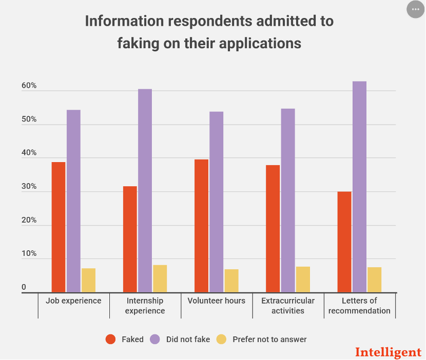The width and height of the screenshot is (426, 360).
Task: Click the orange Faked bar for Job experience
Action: click(59, 227)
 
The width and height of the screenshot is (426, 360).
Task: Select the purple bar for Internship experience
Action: click(145, 191)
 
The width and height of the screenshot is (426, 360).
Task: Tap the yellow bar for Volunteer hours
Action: click(231, 281)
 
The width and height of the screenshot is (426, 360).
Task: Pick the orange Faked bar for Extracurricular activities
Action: click(273, 229)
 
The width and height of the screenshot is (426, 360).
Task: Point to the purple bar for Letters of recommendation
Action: click(359, 187)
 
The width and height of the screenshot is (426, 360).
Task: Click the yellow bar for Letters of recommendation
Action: click(374, 280)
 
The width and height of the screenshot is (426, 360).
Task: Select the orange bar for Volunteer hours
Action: click(201, 226)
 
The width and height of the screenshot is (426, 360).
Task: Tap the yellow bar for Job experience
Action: click(89, 281)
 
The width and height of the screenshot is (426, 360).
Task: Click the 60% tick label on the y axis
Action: click(29, 86)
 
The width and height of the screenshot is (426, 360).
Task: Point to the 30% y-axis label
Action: click(29, 186)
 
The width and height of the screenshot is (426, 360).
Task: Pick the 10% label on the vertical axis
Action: click(29, 253)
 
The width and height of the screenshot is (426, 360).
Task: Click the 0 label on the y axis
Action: click(24, 287)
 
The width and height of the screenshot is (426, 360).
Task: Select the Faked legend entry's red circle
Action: click(110, 339)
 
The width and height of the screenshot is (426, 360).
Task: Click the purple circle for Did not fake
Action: click(155, 339)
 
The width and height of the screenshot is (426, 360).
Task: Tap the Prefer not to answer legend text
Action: click(269, 339)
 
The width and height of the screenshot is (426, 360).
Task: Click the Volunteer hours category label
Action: click(216, 301)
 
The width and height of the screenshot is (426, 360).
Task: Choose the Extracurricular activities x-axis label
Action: click(288, 306)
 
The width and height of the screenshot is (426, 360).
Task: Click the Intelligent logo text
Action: click(388, 352)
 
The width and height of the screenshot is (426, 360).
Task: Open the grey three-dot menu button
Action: click(415, 9)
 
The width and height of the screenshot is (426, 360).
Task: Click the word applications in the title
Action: click(260, 44)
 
